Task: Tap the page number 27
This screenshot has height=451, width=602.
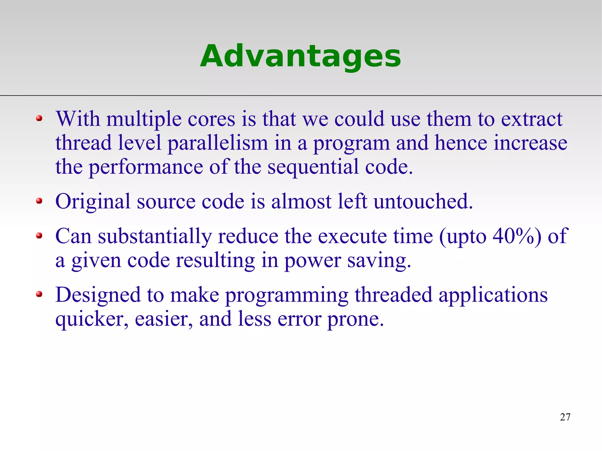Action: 565,417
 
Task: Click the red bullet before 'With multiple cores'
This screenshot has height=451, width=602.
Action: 39,118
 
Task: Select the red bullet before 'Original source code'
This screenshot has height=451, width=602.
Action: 39,201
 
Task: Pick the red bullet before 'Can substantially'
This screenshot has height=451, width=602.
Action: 39,236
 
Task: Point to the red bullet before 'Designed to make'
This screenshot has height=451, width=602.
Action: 39,294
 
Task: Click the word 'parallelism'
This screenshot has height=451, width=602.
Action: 218,143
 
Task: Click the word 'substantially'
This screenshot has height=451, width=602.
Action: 155,237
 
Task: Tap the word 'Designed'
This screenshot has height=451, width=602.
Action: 98,295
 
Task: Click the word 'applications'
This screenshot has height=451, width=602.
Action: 493,295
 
